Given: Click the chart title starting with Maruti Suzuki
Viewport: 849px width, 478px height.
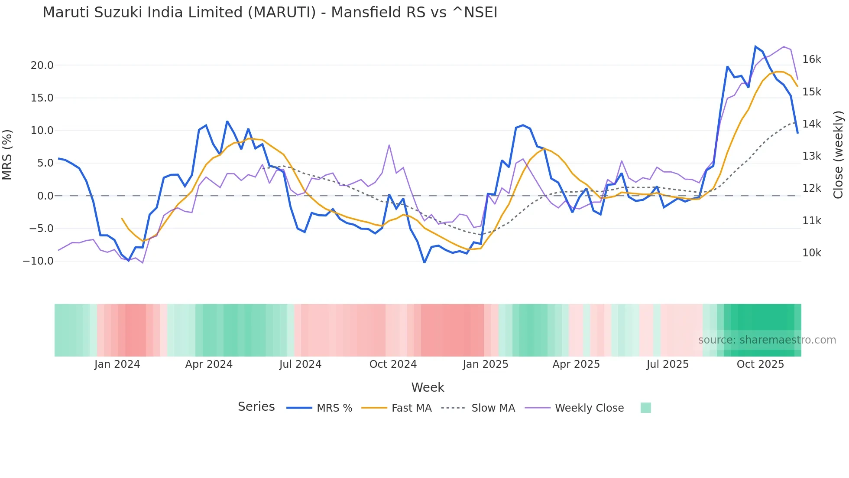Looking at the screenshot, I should coord(270,13).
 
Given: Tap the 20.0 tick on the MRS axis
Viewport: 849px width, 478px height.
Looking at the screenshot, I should coord(42,65).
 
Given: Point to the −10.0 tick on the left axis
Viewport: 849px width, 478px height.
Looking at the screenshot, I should coord(38,261).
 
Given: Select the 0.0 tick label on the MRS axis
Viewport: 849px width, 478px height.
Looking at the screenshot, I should coord(45,196).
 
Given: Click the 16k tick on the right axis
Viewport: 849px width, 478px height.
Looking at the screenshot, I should coord(811,59).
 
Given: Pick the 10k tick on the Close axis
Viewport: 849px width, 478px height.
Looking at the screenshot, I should coord(811,253).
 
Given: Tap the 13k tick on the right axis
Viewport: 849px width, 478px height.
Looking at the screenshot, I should coord(811,156).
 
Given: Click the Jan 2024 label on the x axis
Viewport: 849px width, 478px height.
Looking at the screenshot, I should coord(117,364).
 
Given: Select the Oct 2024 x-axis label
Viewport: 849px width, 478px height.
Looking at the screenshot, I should coord(393,364).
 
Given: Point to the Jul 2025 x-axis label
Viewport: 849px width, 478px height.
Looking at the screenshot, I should coord(668,364).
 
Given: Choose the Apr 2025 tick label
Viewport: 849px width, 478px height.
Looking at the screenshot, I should coord(576,364).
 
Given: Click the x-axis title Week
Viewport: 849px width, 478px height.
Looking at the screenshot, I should coord(428,387).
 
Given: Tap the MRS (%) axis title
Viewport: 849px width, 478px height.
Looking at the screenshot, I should coord(7,154).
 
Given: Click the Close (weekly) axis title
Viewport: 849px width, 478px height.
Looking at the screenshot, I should coord(838,155).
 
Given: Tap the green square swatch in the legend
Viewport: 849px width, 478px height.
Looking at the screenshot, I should coord(645,408).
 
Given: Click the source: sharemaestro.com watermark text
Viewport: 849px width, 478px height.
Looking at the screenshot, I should coord(767,340).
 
